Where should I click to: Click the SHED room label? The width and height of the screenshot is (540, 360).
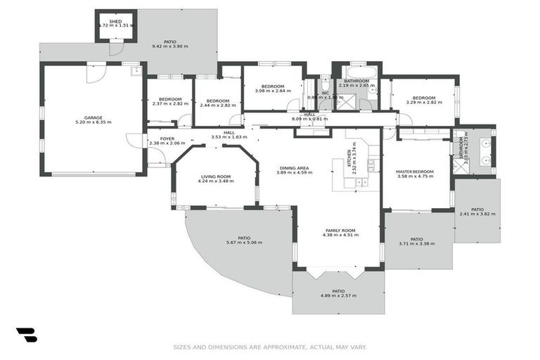(115, 21)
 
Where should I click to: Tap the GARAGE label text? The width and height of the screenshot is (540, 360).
(94, 117)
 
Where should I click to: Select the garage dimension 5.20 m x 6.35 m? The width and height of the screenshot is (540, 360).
(94, 122)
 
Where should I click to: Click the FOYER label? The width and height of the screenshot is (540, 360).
(167, 139)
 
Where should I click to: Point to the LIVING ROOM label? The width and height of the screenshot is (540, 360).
(216, 176)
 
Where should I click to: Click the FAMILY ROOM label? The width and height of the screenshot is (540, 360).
(340, 231)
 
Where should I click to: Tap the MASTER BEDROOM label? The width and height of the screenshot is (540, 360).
(413, 172)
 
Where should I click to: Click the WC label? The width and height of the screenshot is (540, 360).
(326, 93)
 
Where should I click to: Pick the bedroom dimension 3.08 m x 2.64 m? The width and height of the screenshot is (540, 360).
(272, 90)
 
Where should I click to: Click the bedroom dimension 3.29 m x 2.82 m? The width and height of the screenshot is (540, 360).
(424, 103)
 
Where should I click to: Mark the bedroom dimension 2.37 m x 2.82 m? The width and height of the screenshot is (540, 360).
(170, 104)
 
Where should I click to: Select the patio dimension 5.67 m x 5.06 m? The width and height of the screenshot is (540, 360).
(244, 243)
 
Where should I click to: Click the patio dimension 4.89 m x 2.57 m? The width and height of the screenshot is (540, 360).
(338, 295)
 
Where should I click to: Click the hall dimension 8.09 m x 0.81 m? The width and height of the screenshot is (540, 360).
(310, 119)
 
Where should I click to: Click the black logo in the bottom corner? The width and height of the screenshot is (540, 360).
(26, 335)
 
